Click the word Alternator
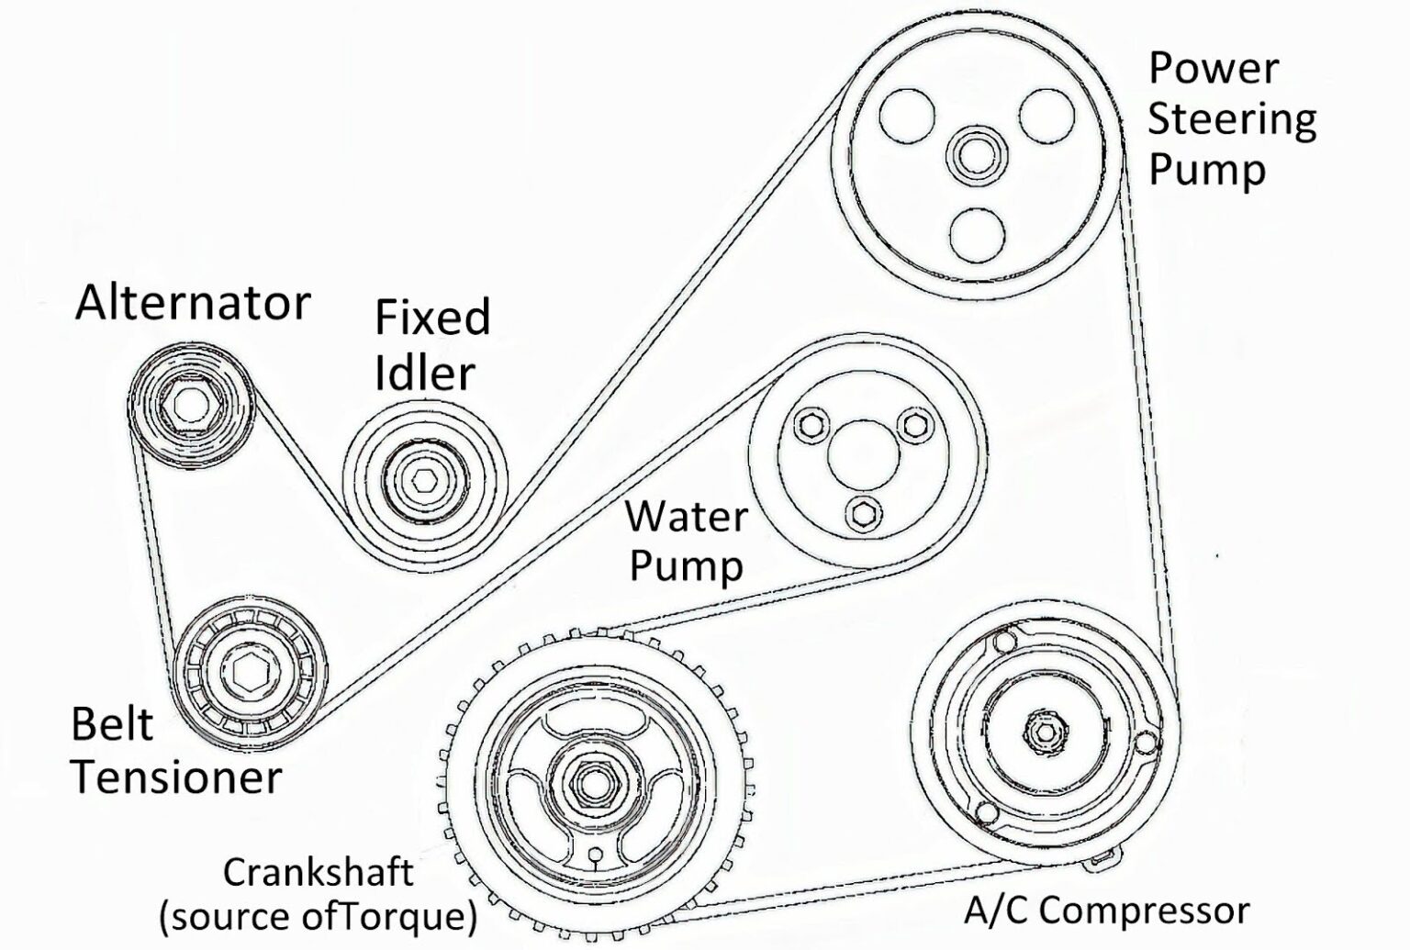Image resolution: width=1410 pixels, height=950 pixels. tap(193, 303)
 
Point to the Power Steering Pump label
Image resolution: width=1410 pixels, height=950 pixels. tap(1230, 119)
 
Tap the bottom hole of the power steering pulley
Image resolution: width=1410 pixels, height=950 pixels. tap(977, 235)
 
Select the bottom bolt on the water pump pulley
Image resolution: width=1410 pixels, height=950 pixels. tap(862, 513)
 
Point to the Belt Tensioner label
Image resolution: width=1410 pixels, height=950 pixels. tap(174, 751)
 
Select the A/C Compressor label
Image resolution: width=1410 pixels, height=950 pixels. tap(1106, 911)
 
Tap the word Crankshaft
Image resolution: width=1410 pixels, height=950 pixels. tap(318, 871)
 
